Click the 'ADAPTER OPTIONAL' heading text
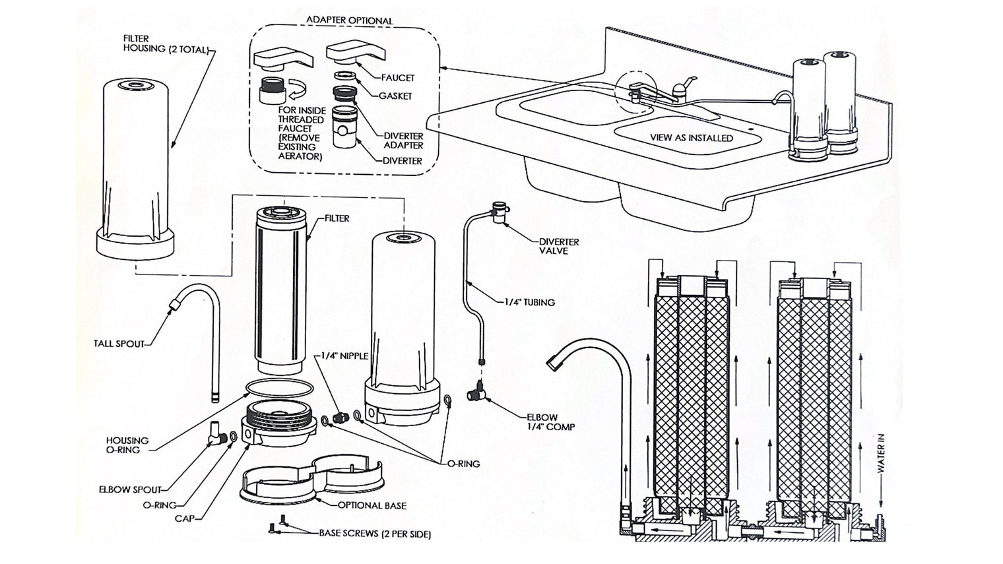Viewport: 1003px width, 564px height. (349, 20)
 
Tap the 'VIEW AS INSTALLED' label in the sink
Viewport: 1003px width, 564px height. (691, 138)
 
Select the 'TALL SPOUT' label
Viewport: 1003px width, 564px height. (119, 344)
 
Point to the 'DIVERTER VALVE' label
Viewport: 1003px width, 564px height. (558, 246)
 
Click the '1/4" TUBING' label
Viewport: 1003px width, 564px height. (529, 302)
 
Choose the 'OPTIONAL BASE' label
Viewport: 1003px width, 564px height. (372, 505)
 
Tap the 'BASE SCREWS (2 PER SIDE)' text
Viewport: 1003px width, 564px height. (375, 534)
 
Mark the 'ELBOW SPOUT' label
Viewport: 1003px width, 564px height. (130, 489)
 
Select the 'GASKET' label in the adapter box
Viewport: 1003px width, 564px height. (395, 96)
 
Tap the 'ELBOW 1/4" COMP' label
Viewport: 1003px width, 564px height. (550, 422)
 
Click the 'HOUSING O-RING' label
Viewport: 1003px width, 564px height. (127, 445)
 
